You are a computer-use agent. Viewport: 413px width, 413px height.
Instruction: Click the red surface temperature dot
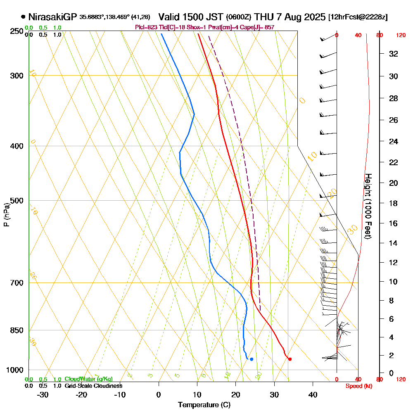290,359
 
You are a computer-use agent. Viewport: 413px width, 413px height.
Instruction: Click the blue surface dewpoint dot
252,359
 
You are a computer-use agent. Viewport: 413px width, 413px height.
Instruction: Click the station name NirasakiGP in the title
52,17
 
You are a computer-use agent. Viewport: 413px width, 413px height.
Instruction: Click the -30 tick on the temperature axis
43,395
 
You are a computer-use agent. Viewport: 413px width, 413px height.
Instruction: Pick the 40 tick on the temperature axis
313,395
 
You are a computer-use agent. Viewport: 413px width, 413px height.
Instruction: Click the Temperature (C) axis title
204,405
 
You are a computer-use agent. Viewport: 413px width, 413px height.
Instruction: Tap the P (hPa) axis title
6,214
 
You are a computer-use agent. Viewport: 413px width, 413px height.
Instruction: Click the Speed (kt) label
357,386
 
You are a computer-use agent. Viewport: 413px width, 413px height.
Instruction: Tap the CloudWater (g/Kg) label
88,379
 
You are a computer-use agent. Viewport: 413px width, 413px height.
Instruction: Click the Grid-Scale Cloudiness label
93,386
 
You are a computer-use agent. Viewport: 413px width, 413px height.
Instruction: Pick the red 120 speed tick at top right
400,36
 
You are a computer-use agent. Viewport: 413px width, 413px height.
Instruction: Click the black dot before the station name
23,17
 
